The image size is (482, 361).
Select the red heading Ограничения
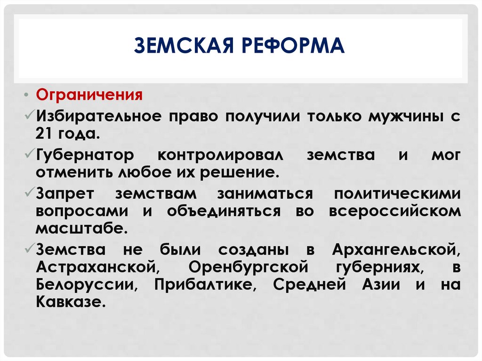[89, 95]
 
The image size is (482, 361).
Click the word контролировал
[221, 155]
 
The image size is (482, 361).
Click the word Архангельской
[396, 249]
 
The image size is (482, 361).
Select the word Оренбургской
[248, 266]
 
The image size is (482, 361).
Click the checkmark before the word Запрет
[29, 193]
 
